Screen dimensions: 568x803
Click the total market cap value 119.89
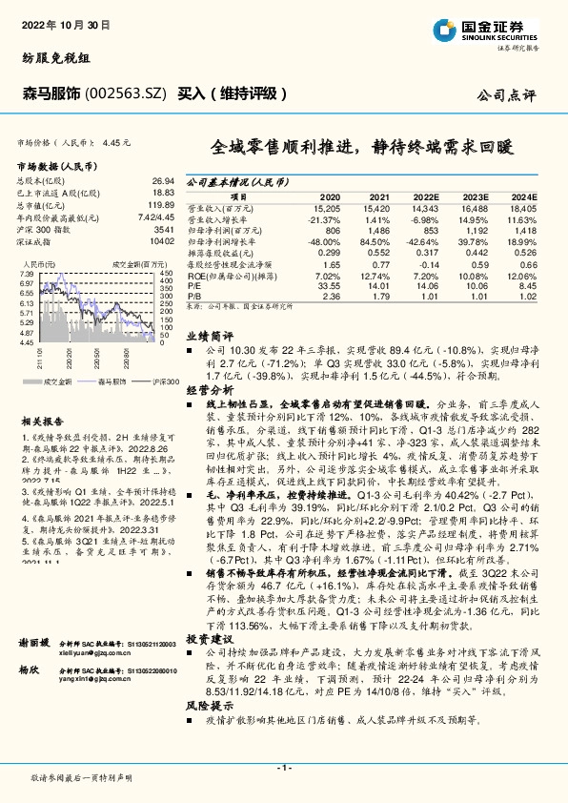[160, 205]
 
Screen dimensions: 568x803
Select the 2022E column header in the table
[428, 194]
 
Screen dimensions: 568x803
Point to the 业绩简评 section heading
[211, 336]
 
